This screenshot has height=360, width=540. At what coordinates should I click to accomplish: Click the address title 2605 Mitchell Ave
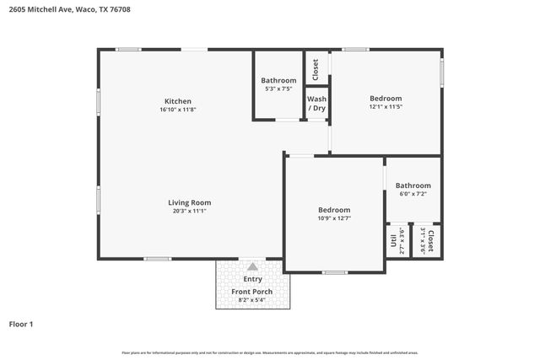[x=69, y=10]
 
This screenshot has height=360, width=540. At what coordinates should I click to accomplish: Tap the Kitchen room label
[x=177, y=101]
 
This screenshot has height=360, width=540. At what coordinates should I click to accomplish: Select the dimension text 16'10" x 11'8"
[x=177, y=110]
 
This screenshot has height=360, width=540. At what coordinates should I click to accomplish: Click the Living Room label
[x=189, y=202]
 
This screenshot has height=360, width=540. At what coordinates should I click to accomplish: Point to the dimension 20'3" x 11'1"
[x=189, y=211]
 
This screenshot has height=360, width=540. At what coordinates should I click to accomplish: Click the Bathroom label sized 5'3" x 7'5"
[x=278, y=80]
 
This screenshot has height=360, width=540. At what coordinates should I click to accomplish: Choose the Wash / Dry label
[x=316, y=104]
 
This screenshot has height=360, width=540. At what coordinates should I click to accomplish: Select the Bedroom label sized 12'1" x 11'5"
[x=385, y=99]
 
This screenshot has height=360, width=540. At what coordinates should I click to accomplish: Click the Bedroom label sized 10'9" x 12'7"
[x=334, y=210]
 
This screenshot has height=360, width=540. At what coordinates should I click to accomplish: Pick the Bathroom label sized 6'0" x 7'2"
[x=413, y=185]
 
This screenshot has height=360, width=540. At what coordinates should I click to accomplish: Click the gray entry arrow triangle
[x=251, y=266]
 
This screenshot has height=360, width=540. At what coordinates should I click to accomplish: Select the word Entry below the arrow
[x=252, y=279]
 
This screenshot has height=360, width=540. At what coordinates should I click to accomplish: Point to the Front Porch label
[x=252, y=292]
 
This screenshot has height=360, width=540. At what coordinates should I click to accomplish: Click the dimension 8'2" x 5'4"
[x=252, y=299]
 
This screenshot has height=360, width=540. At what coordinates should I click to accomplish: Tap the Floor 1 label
[x=21, y=324]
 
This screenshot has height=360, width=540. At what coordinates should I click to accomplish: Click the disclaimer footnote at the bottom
[x=269, y=352]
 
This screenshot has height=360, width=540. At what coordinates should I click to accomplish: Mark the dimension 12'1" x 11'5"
[x=385, y=107]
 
